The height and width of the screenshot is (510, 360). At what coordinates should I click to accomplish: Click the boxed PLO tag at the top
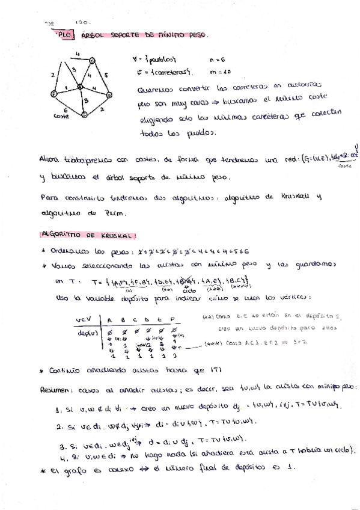pos(64,36)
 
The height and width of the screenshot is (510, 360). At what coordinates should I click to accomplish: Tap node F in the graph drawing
pos(54,94)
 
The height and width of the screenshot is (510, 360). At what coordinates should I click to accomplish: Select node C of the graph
pos(92,61)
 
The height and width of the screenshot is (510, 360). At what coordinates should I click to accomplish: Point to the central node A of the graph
pos(81,89)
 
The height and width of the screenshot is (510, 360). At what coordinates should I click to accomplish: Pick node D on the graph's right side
pos(109,96)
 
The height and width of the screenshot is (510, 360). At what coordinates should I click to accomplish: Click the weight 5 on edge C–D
pos(105,75)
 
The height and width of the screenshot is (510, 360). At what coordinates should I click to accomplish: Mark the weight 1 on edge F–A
pos(67,88)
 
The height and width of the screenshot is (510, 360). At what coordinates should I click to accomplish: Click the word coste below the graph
pos(61,115)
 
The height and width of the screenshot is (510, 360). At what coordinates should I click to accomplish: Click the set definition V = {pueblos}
pos(153,60)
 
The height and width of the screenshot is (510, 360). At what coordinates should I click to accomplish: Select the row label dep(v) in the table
pos(86,331)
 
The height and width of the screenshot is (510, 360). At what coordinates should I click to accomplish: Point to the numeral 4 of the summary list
pos(61,456)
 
